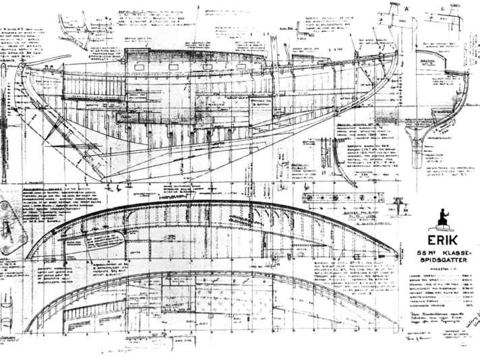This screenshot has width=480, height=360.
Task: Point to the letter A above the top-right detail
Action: pos(407,7)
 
